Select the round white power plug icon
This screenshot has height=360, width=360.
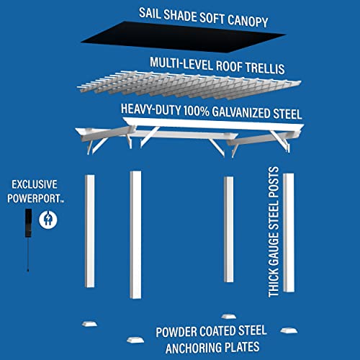49,217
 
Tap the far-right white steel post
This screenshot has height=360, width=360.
289,232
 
